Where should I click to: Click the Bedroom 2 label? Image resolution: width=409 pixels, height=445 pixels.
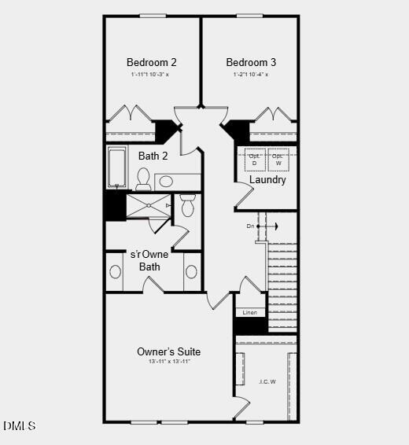[151, 62]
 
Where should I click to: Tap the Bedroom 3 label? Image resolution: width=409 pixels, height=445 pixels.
[251, 62]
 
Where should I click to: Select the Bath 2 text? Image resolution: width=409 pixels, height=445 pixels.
[153, 156]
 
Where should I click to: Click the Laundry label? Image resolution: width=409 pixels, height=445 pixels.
[267, 179]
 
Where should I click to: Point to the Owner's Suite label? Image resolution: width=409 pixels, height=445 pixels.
[168, 351]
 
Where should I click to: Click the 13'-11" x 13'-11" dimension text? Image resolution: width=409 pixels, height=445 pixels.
[168, 362]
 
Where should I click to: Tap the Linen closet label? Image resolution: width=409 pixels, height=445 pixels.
[249, 312]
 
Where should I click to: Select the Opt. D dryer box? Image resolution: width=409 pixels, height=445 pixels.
[255, 159]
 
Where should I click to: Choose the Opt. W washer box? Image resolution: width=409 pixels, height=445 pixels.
[278, 159]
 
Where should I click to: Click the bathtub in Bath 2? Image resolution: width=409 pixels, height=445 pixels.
[117, 168]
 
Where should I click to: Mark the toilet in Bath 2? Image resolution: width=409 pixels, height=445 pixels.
[143, 180]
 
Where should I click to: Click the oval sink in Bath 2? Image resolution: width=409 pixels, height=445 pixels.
[166, 182]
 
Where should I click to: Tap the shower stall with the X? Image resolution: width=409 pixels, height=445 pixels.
[148, 206]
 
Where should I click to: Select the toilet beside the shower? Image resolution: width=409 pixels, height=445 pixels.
[187, 206]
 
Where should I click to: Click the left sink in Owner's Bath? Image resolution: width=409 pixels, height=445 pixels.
[116, 272]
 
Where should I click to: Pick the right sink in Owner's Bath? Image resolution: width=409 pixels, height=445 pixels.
[191, 272]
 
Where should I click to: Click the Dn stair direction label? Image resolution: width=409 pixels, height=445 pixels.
[251, 226]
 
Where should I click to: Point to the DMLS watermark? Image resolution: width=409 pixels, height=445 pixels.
[19, 426]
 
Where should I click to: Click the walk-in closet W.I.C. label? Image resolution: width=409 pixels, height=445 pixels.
[267, 382]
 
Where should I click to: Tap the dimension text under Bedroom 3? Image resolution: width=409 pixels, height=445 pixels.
[251, 75]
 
